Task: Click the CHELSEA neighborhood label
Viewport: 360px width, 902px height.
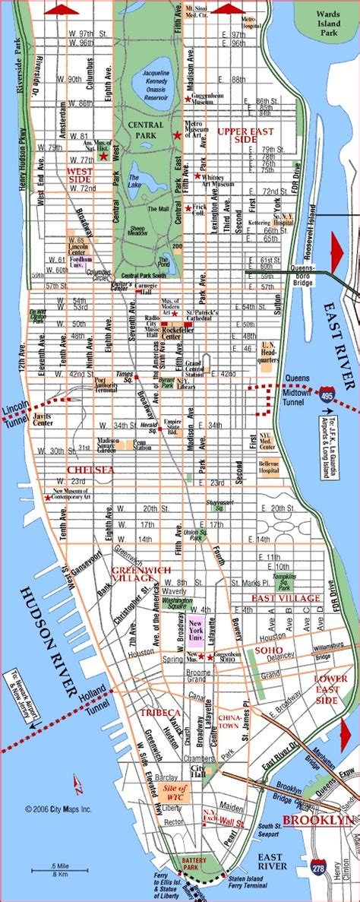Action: (x=91, y=470)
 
